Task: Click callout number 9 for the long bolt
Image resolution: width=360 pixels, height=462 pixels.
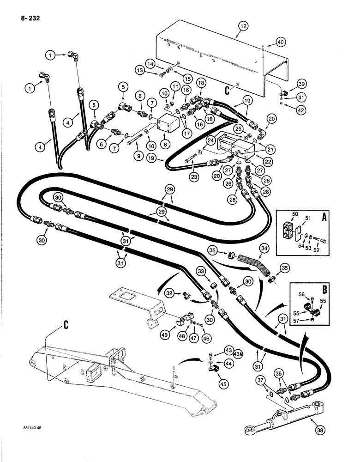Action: [x=126, y=157]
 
